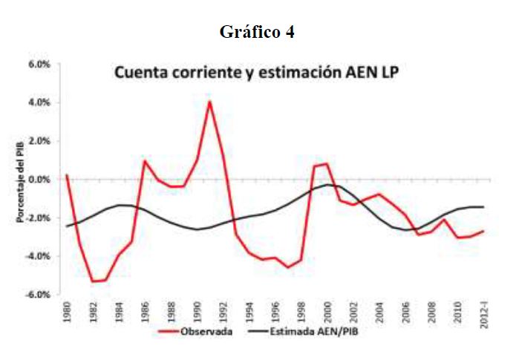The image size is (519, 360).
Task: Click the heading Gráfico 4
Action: point(258,32)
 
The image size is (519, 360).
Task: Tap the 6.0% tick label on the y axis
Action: point(39,65)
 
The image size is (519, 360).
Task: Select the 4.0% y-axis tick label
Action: point(39,102)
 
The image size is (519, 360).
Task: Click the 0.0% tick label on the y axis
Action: point(39,180)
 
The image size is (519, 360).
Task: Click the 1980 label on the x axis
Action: point(67,311)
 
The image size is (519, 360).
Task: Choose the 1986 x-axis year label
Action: point(145,311)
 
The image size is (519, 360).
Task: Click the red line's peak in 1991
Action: point(210,101)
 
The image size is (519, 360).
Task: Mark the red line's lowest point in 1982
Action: point(93,281)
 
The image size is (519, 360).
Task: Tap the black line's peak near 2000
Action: point(327,185)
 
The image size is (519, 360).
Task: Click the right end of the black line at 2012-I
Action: point(484,207)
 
